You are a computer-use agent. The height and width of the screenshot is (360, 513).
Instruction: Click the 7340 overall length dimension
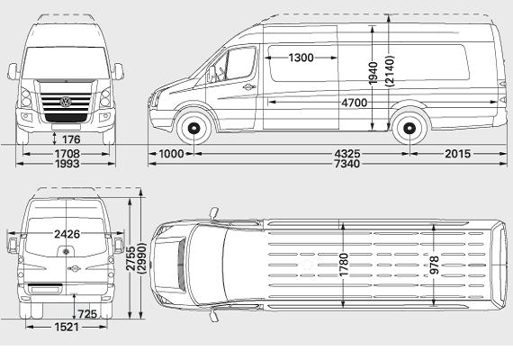point(347,164)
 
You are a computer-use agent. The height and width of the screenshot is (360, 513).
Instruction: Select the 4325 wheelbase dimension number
point(347,154)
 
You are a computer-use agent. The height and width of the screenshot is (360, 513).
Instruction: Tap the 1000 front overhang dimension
point(171,154)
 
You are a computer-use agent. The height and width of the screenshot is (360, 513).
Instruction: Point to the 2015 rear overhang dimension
point(457,154)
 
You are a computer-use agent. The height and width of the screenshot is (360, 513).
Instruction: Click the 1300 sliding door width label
point(301,58)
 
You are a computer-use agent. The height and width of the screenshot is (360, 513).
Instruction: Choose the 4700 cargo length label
point(355,103)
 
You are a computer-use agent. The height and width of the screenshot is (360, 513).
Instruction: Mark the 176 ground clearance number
point(71,139)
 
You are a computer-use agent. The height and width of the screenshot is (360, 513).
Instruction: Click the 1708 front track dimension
point(67,154)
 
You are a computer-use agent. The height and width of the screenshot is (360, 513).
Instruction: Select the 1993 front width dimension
point(67,164)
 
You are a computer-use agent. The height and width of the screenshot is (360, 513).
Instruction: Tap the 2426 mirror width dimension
point(67,234)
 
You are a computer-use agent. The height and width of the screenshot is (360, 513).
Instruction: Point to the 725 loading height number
point(87,314)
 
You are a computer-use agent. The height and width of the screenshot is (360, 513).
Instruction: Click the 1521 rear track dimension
point(67,327)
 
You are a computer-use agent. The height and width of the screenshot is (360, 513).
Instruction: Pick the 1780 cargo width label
point(344,265)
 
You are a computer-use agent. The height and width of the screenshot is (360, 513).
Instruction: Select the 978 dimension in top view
point(434,265)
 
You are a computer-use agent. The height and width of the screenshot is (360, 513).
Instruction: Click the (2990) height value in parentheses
point(142,258)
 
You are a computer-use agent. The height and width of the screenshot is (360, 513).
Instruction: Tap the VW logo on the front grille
point(66,102)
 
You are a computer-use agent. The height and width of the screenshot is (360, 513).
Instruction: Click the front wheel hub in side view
point(193,129)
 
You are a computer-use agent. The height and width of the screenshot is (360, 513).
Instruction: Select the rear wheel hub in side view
point(409,129)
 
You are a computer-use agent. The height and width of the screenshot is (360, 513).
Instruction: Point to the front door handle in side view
point(249,87)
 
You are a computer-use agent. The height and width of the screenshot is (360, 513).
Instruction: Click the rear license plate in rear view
point(46,290)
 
